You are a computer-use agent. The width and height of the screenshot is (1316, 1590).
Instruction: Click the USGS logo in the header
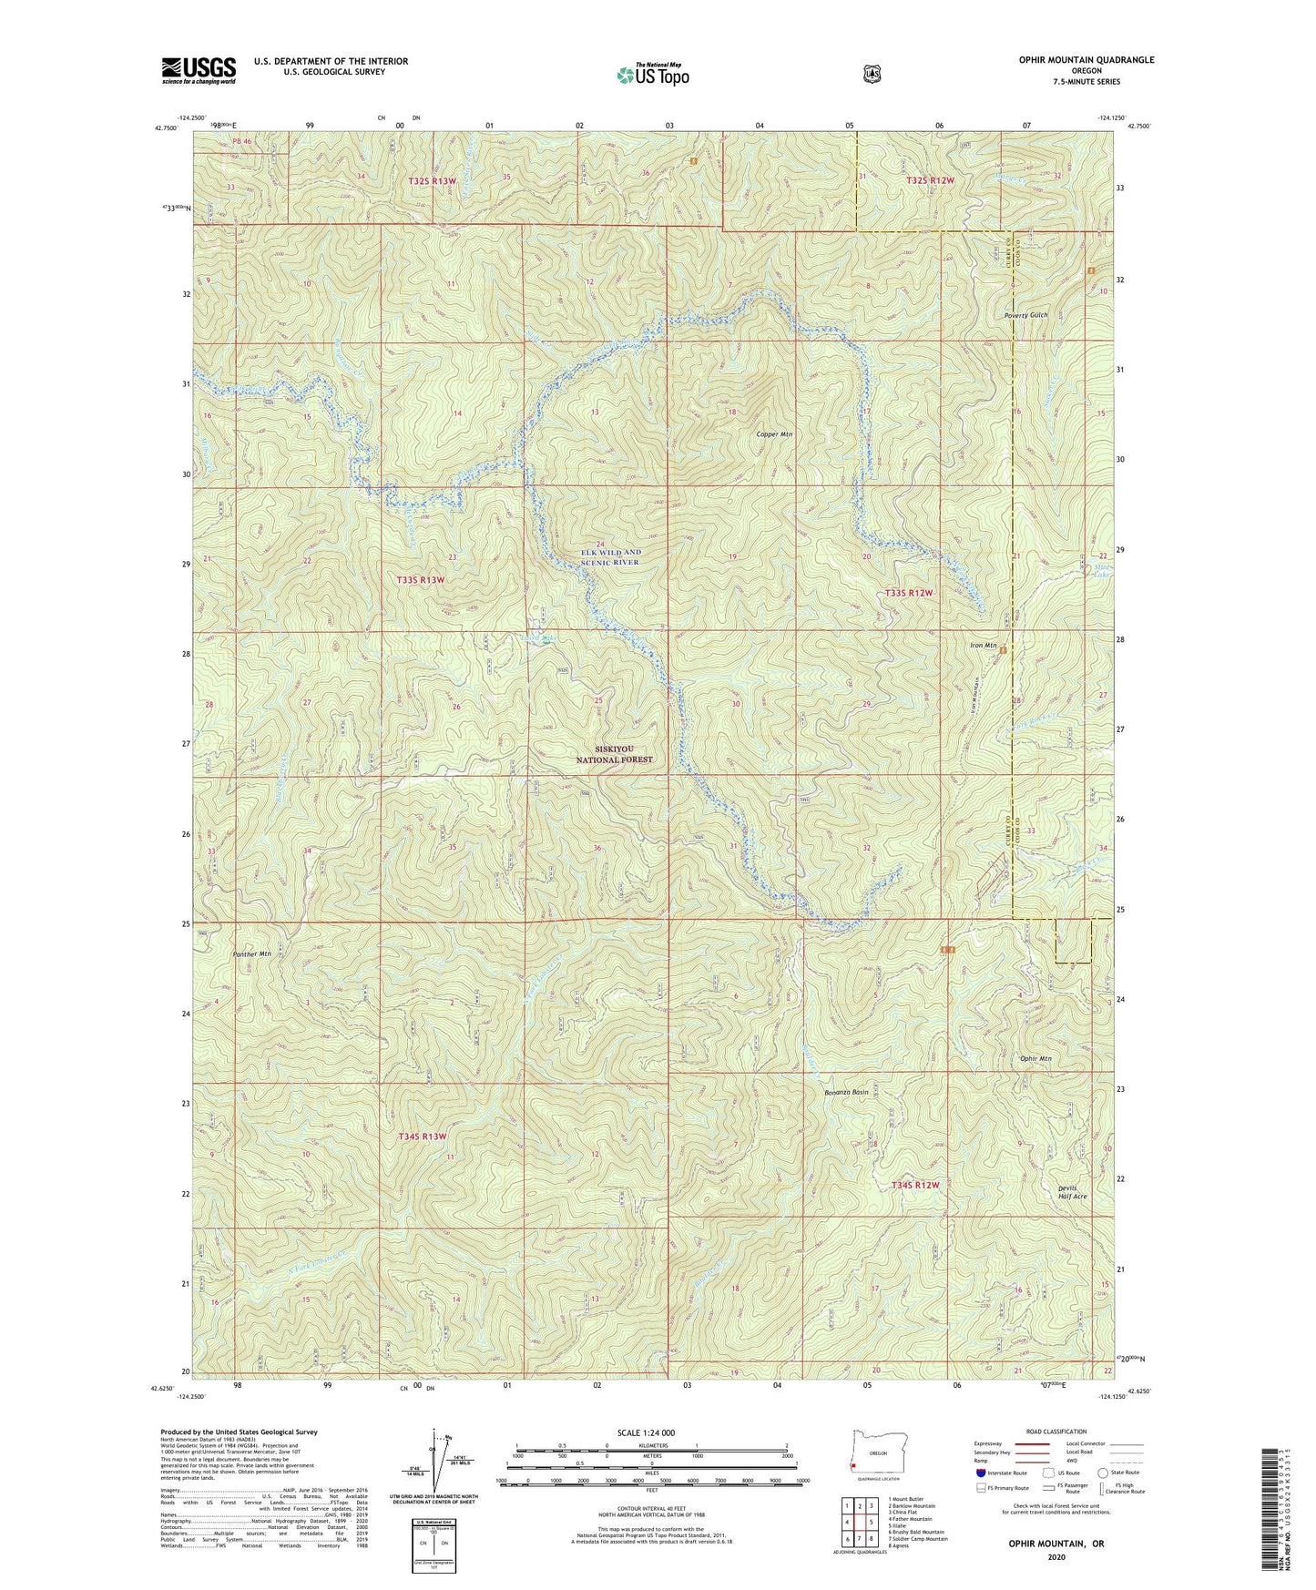click(199, 70)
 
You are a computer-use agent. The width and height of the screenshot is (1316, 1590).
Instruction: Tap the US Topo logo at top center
click(652, 75)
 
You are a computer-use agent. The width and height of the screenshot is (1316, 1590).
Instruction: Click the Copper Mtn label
click(774, 434)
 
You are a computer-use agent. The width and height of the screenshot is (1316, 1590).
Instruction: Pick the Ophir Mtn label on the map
click(1035, 1059)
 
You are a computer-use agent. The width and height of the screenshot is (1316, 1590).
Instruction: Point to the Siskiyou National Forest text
click(615, 754)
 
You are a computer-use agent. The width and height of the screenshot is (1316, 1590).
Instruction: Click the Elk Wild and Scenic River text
click(611, 557)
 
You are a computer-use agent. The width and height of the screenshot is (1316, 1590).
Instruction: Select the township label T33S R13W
click(421, 580)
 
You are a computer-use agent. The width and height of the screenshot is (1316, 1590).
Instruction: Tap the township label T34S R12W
click(913, 1185)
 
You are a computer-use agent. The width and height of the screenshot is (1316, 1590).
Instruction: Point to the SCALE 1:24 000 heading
click(646, 1432)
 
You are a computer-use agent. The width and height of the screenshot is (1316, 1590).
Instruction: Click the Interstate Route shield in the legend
click(980, 1473)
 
